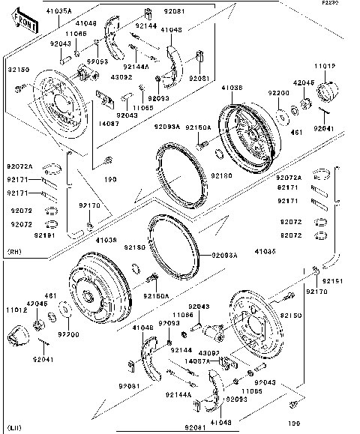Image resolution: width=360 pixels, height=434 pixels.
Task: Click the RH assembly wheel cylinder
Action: point(87,75)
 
